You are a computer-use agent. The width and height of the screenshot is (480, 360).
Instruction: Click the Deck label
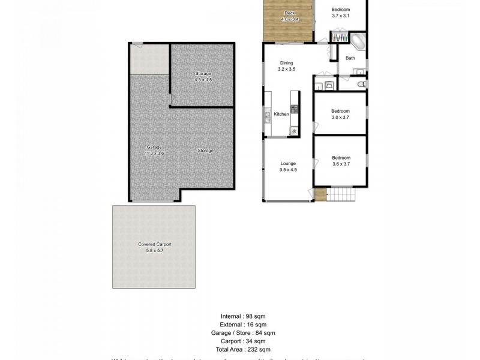click(x=289, y=13)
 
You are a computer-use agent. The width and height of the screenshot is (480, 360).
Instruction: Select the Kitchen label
click(x=281, y=114)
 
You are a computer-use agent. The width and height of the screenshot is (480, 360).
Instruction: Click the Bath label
click(x=350, y=58)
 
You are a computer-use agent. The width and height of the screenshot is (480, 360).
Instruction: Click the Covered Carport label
click(x=154, y=244)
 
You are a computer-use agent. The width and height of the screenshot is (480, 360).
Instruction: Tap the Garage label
click(x=155, y=147)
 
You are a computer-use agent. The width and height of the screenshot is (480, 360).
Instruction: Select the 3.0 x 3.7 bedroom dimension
click(x=340, y=118)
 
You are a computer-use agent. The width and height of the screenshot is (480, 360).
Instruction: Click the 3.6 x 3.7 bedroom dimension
click(x=341, y=164)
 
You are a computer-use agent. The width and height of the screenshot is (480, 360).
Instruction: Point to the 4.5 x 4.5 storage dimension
click(x=203, y=80)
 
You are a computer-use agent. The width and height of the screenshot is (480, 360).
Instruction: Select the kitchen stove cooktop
click(x=295, y=109)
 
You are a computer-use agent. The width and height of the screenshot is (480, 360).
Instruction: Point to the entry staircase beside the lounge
click(x=341, y=194)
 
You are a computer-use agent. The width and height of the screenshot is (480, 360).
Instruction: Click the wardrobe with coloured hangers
click(x=340, y=38)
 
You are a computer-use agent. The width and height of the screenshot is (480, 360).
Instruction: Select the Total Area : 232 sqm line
click(x=244, y=349)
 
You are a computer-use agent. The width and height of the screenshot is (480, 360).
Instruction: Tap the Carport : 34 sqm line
click(x=244, y=341)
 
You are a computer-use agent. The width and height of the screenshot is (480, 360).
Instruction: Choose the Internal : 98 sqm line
click(x=244, y=315)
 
